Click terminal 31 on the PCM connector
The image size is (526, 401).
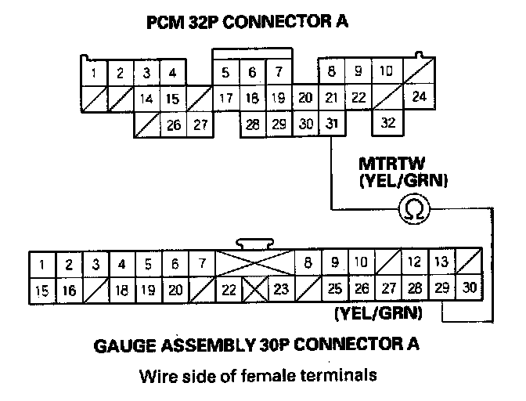[332, 124]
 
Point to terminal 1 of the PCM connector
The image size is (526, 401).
[94, 74]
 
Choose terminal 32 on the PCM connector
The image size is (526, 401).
[386, 124]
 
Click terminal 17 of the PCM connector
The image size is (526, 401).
[226, 99]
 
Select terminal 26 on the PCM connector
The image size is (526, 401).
[174, 124]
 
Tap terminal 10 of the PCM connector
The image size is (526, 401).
[385, 72]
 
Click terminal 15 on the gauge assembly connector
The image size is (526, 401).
[41, 290]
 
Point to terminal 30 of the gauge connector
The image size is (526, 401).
[469, 289]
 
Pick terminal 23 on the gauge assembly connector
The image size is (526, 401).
[280, 289]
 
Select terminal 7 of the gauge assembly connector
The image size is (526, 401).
[201, 264]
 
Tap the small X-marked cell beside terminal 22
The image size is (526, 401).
[254, 289]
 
